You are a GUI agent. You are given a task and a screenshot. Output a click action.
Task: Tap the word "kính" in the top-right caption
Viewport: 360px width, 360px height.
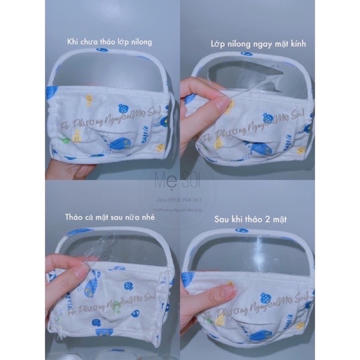point(314,45)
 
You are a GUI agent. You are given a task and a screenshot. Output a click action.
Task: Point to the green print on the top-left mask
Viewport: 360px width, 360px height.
point(66,141)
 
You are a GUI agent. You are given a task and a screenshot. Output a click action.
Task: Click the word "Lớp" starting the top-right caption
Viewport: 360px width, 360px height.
point(218,45)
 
